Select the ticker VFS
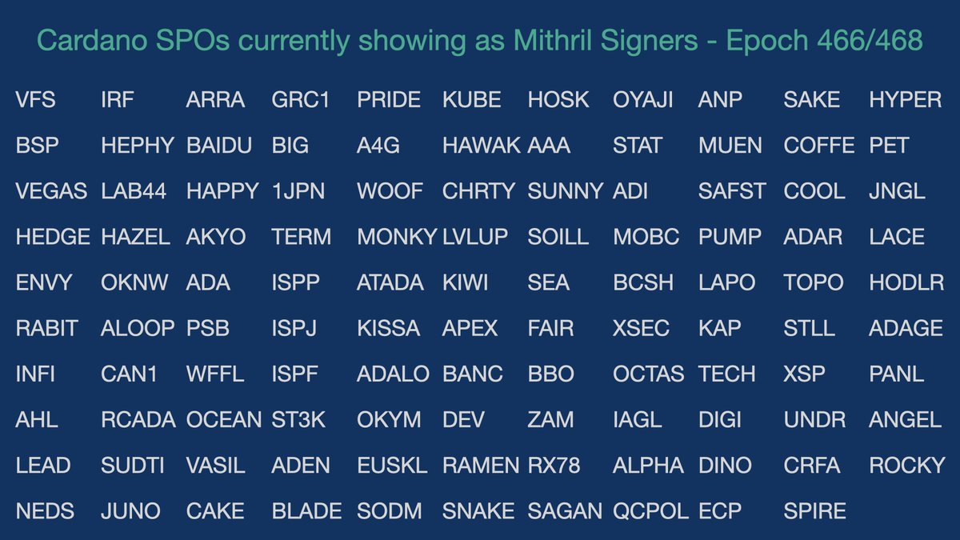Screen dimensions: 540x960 (x=36, y=100)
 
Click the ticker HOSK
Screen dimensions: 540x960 (x=558, y=100)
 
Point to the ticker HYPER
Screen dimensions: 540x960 (x=905, y=100)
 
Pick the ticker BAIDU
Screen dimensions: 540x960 (x=219, y=146)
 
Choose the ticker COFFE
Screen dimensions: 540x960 (x=819, y=146)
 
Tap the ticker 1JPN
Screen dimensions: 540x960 (x=295, y=191)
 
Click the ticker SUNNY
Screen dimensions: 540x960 (x=566, y=191)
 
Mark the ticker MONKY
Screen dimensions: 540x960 (x=397, y=237)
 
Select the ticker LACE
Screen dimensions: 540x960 (x=897, y=237)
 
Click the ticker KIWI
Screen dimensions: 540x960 (x=465, y=282)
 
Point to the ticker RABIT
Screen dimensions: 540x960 (x=47, y=328)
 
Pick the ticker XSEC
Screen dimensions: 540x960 (x=641, y=328)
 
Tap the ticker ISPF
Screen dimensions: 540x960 (x=295, y=374)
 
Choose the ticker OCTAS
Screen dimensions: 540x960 (x=649, y=374)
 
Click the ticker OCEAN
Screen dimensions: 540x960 (x=224, y=419)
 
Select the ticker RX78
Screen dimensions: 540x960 (x=554, y=465)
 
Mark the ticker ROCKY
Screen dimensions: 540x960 (x=907, y=465)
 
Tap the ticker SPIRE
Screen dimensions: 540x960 (x=814, y=510)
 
